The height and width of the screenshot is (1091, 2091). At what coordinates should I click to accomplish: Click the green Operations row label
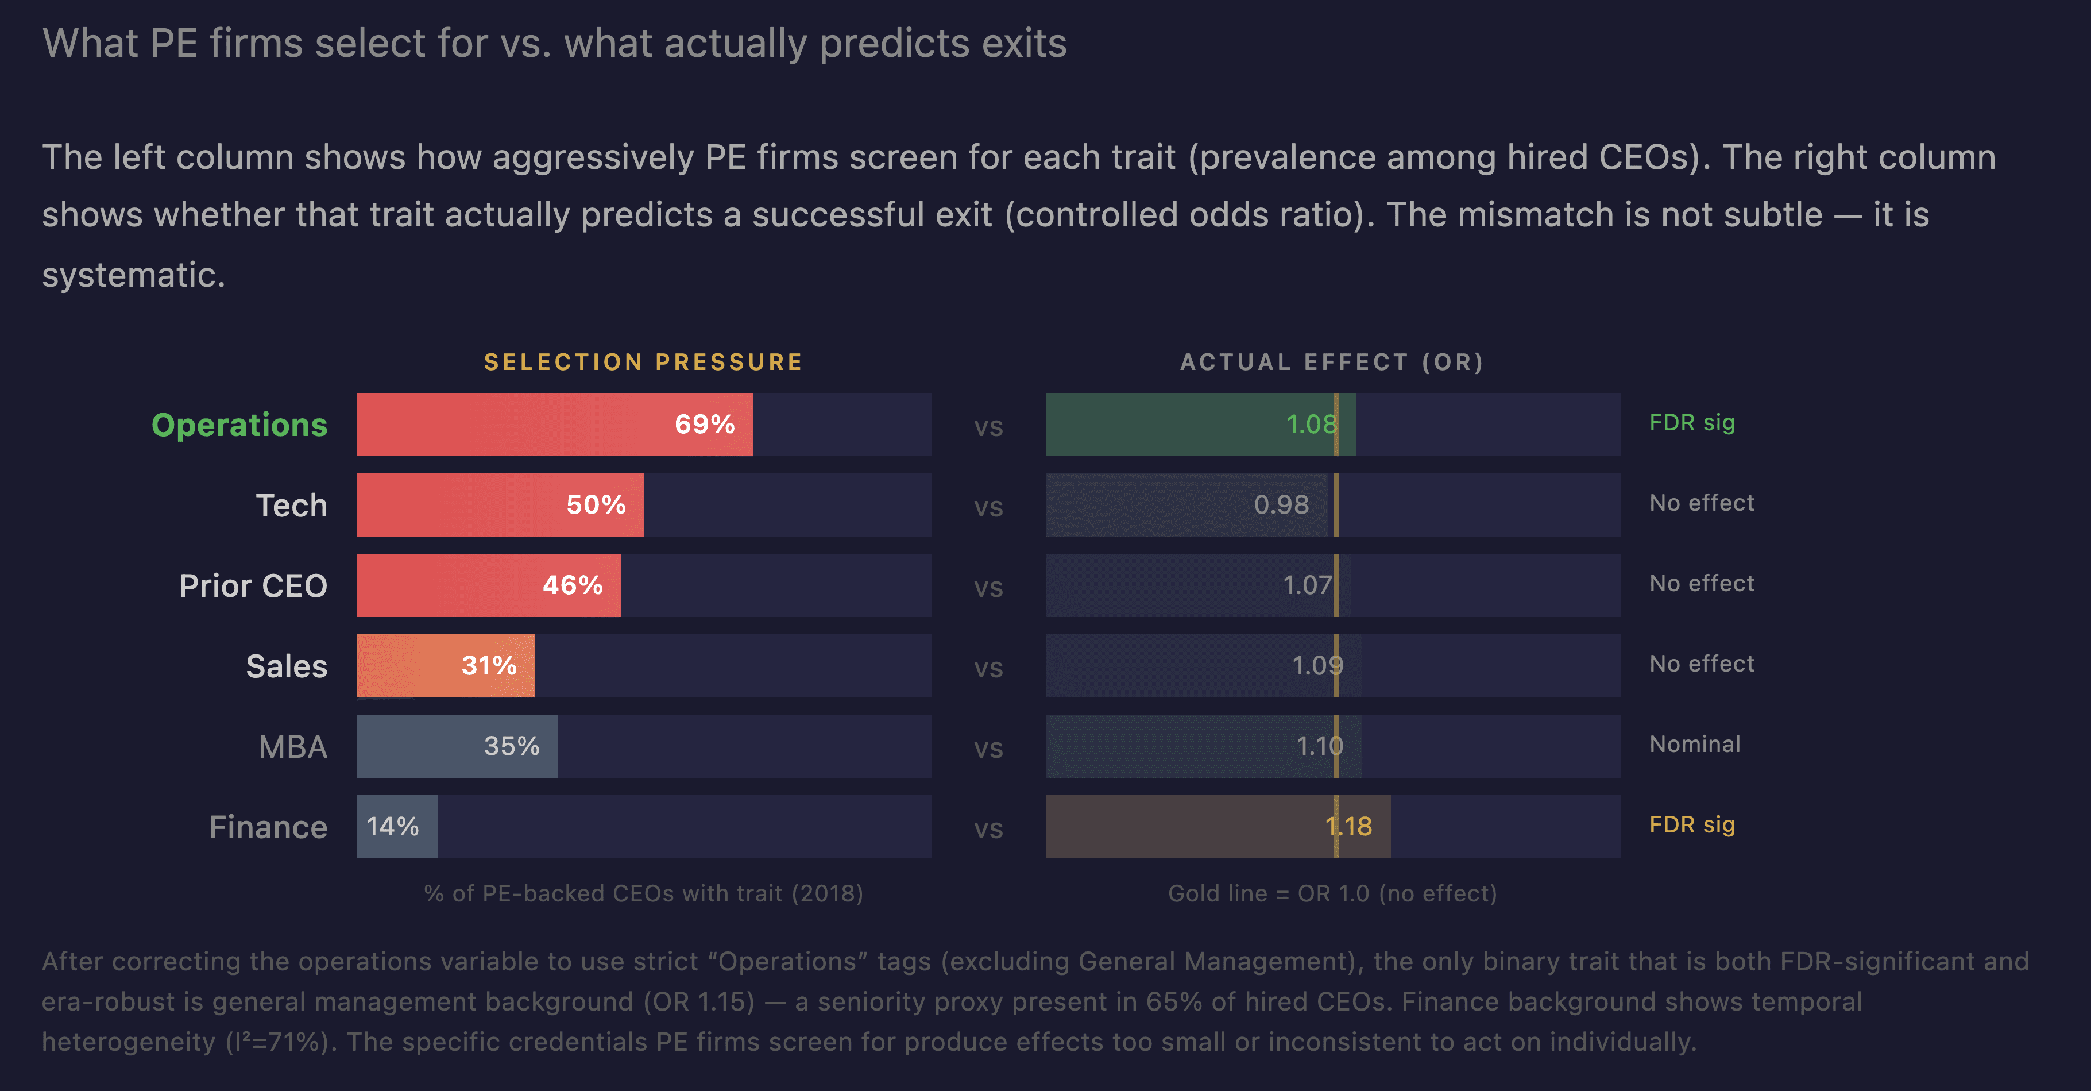[239, 425]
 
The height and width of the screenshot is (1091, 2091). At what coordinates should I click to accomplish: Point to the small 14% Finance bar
[397, 826]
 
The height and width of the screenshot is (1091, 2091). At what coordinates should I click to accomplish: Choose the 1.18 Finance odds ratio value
[1348, 826]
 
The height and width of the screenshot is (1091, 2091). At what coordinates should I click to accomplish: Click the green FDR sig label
[1692, 422]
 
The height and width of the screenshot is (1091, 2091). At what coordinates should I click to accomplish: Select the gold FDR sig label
[1692, 824]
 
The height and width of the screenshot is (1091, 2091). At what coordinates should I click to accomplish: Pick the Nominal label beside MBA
[1695, 743]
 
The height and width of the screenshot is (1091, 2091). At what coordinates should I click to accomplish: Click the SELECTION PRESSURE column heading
[643, 361]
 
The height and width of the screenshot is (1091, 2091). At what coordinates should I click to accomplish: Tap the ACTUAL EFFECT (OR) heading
[1332, 361]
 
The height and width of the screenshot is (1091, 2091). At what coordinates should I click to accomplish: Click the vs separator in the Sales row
[988, 667]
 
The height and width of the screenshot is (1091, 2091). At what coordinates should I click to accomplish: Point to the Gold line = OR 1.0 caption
[1332, 893]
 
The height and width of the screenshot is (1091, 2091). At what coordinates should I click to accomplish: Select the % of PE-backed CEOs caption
[643, 893]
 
